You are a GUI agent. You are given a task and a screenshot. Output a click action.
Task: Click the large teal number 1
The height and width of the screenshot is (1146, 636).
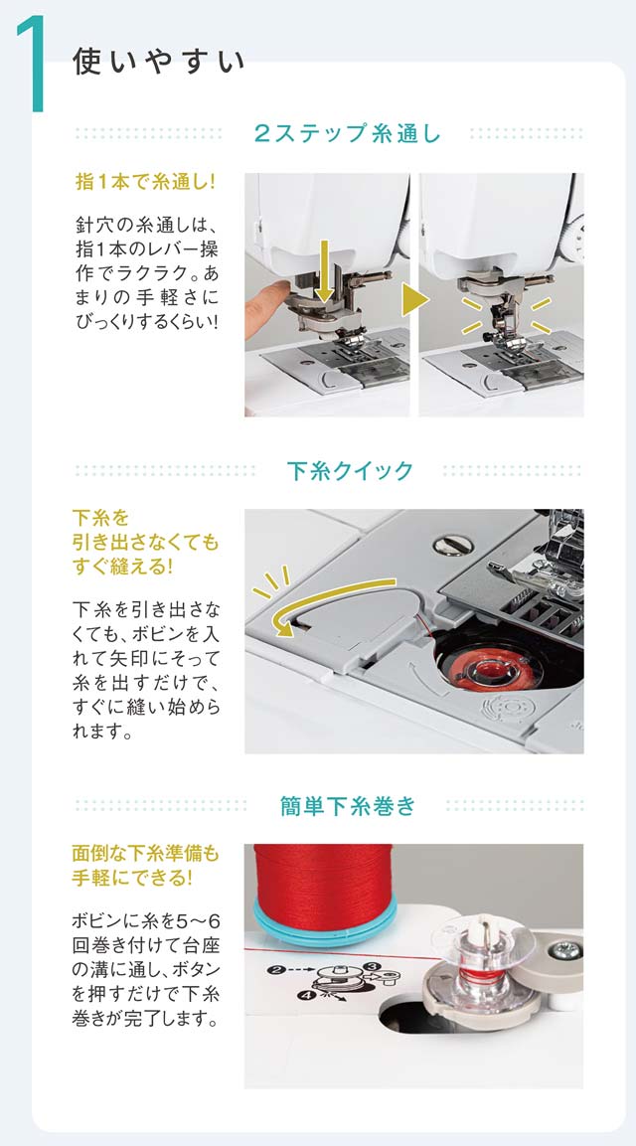tap(32, 64)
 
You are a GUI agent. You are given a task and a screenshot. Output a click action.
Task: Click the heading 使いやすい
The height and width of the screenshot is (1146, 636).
tap(159, 63)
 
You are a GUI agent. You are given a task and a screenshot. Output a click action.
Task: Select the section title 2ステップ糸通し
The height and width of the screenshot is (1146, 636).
tap(347, 134)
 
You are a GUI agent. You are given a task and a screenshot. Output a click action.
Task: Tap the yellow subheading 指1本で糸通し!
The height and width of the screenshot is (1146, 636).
tap(145, 181)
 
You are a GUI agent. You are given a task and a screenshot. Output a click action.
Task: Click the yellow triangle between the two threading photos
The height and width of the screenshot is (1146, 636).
tap(414, 299)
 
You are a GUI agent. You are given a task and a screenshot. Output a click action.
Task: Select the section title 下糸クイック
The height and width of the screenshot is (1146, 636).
tap(350, 471)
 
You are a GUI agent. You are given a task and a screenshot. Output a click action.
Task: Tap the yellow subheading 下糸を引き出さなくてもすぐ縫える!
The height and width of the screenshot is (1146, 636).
tap(145, 542)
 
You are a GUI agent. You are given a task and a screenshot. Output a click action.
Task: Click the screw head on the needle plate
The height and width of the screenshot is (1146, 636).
tap(447, 546)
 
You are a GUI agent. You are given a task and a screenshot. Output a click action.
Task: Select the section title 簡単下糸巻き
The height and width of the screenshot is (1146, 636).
tap(348, 805)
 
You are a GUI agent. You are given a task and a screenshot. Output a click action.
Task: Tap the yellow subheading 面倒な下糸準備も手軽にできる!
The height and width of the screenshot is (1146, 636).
tap(145, 865)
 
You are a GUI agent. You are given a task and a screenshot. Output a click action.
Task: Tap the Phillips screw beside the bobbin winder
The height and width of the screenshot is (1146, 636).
tap(565, 951)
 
